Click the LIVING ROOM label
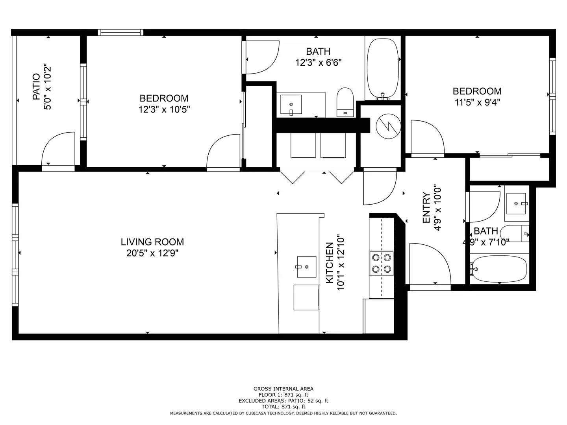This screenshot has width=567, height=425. [x=152, y=242]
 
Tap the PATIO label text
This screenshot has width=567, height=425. [x=36, y=87]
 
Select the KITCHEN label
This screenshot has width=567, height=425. [x=329, y=263]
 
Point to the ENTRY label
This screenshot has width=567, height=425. [x=426, y=207]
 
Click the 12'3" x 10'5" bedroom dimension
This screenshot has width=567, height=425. [x=164, y=109]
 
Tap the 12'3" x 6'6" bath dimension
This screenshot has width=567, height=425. [x=318, y=63]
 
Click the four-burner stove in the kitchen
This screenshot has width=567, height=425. [x=381, y=263]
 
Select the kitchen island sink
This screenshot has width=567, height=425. [x=306, y=267]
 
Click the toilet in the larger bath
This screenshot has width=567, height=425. [x=345, y=102]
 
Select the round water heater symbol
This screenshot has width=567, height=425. [x=388, y=126]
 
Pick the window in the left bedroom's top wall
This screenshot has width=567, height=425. [x=120, y=32]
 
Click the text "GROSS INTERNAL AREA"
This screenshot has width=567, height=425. [x=283, y=389]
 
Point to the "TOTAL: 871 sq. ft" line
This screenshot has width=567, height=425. [x=283, y=407]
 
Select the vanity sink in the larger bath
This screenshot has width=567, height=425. [x=291, y=105]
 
